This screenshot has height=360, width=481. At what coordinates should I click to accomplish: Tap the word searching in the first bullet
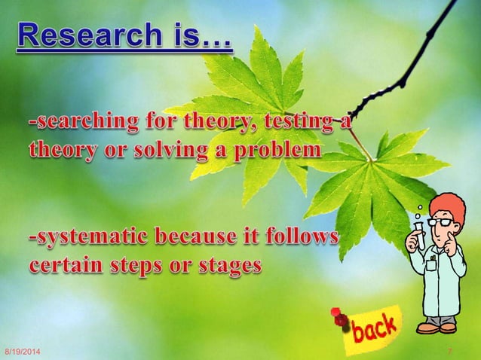[75, 121]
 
